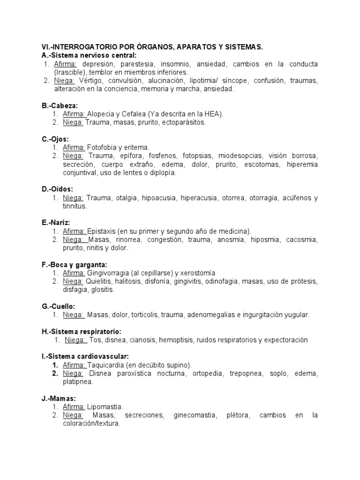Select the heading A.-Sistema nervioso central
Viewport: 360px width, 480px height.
pos(89,55)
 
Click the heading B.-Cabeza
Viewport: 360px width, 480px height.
pos(60,106)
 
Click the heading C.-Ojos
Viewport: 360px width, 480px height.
pos(55,139)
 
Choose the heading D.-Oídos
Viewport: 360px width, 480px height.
pos(58,189)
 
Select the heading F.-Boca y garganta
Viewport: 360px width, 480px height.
pos(75,264)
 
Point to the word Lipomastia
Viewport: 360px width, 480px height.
pos(105,407)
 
